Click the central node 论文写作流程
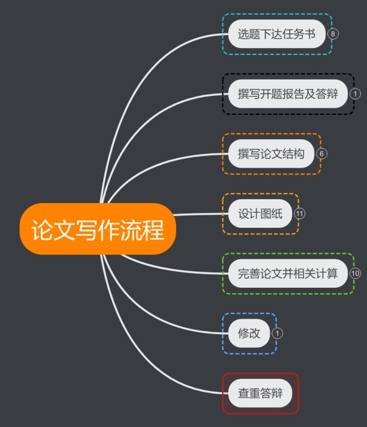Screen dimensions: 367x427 tap(98, 229)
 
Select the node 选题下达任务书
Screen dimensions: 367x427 tap(276, 34)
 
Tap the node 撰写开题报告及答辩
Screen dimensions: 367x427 tap(288, 93)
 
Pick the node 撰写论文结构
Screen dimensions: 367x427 tap(271, 153)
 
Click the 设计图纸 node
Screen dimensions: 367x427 tap(260, 213)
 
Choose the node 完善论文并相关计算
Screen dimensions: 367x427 tap(288, 274)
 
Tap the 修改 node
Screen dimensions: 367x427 tap(249, 334)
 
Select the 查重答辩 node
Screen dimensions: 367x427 tap(260, 393)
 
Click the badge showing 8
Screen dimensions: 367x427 tap(333, 34)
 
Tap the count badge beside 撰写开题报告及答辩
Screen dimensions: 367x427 tap(355, 93)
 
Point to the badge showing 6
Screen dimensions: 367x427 tap(321, 153)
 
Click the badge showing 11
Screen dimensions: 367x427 tap(299, 213)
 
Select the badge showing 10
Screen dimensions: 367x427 tap(355, 274)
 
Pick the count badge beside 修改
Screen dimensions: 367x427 tap(277, 334)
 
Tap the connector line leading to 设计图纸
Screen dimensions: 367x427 tap(201, 214)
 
